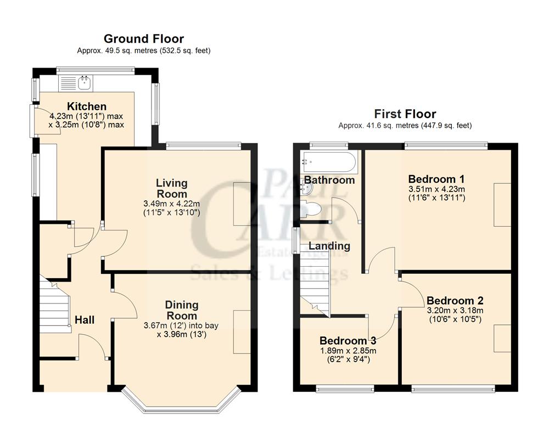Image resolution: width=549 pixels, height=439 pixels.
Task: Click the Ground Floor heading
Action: click(144, 38)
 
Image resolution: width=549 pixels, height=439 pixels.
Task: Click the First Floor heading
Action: click(405, 114)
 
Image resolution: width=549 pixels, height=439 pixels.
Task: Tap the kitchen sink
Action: click(85, 83)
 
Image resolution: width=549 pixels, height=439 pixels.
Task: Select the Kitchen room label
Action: click(87, 106)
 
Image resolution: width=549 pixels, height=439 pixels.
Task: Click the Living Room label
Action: click(171, 188)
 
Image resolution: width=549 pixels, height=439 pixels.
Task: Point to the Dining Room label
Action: click(182, 310)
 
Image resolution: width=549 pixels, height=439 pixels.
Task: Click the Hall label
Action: click(85, 319)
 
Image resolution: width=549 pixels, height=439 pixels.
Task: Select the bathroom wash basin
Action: click(308, 189)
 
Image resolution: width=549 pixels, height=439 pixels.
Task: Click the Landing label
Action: click(329, 246)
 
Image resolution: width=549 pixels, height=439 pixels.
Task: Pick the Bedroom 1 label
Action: click(436, 179)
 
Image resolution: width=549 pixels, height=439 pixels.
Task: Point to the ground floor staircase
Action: click(55, 305)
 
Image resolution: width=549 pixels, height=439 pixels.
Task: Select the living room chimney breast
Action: click(242, 203)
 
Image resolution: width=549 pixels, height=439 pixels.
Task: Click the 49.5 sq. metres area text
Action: click(144, 50)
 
